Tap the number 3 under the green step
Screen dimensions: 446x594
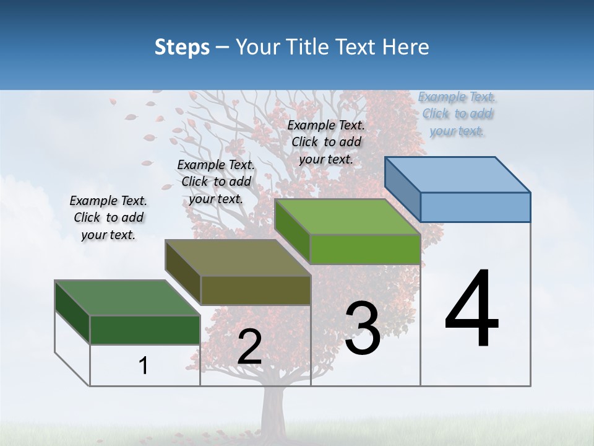[x=363, y=328]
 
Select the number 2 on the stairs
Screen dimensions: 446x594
[x=249, y=347]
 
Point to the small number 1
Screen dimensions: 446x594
[x=144, y=366]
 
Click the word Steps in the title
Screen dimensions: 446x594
[x=182, y=47]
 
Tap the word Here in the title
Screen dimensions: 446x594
[x=406, y=47]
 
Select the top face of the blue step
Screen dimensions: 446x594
[x=458, y=174]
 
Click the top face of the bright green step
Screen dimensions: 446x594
[x=348, y=217]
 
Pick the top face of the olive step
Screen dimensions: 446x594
[x=238, y=258]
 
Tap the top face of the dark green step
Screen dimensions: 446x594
[x=127, y=298]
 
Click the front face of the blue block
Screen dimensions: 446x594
[x=475, y=207]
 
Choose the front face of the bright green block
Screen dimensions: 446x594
[x=365, y=249]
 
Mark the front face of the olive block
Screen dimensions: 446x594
[x=255, y=290]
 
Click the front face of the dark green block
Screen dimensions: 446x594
[x=145, y=330]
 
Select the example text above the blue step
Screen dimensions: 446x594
[x=457, y=113]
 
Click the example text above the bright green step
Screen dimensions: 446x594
[x=326, y=142]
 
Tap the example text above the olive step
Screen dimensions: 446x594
[x=216, y=181]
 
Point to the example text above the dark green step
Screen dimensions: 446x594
[x=108, y=217]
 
